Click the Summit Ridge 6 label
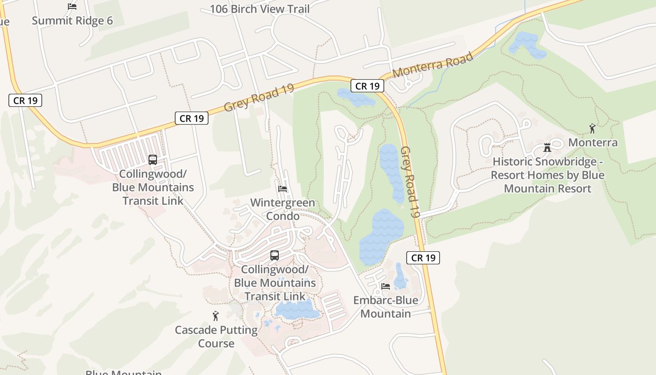coord(72,21)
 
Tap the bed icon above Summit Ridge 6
coord(72,7)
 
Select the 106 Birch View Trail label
coord(260,8)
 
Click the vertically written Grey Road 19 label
coord(409,182)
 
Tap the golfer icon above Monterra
coord(592,128)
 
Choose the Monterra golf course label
coord(593,142)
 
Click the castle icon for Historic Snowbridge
coord(547,148)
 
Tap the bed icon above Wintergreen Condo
coord(283,189)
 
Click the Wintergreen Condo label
coord(283,209)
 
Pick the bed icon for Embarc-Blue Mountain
coord(386,286)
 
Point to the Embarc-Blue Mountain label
coord(386,307)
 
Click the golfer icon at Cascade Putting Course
coord(216,316)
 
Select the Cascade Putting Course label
coord(216,336)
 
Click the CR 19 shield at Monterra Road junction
coord(367,86)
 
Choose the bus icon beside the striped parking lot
coord(153,159)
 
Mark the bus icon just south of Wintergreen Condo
coord(275,255)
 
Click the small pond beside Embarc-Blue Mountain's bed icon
coord(400,277)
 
